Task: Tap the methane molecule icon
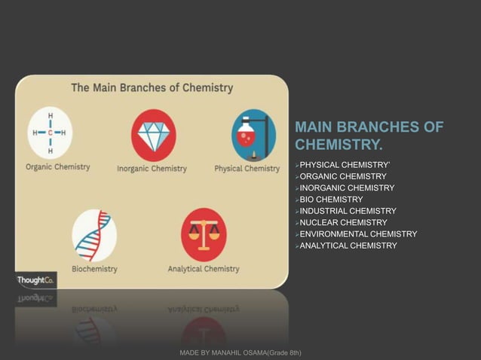click(x=50, y=133)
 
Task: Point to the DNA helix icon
click(x=94, y=235)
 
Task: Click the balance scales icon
click(x=204, y=234)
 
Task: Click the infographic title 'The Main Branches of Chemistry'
click(x=152, y=87)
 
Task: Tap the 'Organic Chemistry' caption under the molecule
click(x=58, y=167)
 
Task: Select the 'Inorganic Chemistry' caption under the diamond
click(x=152, y=169)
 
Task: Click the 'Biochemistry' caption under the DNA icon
click(x=94, y=269)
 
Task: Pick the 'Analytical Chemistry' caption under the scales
click(x=204, y=269)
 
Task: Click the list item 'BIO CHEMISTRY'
click(x=331, y=200)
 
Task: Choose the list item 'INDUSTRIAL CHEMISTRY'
click(x=348, y=211)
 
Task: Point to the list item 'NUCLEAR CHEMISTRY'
click(x=343, y=223)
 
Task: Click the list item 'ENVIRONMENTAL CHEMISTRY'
click(x=358, y=234)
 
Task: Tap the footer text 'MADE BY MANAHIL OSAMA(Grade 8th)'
click(x=240, y=352)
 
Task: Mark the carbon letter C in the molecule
click(x=51, y=133)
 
